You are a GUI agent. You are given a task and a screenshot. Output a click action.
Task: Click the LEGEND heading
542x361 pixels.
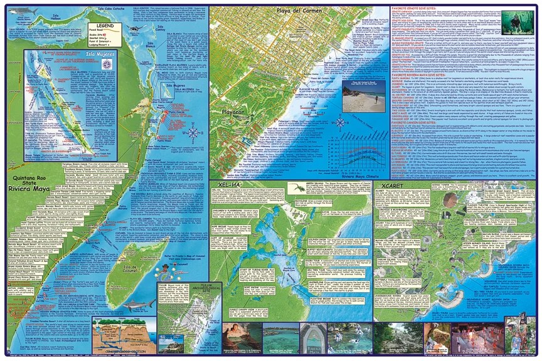click(105, 26)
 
